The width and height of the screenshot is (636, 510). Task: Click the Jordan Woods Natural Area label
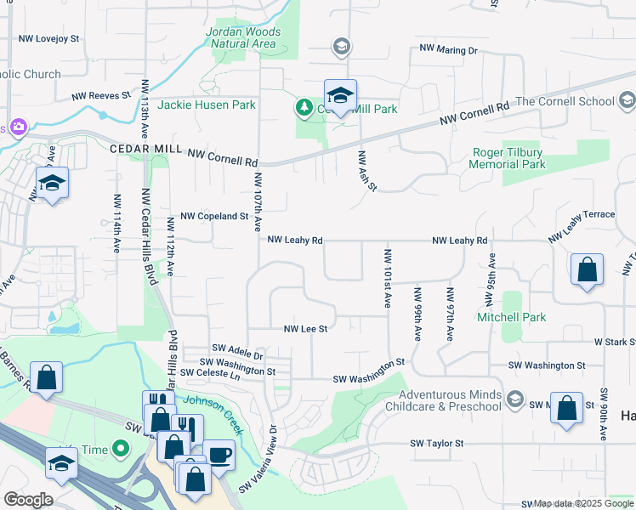[x=242, y=37]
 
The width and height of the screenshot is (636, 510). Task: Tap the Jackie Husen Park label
[x=207, y=105]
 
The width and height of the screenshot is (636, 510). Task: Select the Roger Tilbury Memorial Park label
[x=508, y=158]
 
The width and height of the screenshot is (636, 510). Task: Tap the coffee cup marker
[x=219, y=454]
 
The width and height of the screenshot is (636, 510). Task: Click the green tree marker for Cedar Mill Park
[x=303, y=108]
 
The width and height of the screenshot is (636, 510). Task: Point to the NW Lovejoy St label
[x=48, y=39]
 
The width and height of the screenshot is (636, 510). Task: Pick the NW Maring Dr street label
[x=448, y=51]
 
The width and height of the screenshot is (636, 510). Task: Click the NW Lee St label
[x=305, y=328]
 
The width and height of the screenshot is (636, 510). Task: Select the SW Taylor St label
[x=437, y=444]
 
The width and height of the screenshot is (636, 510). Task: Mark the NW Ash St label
[x=366, y=171]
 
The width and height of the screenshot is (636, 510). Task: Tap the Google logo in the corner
[x=28, y=500]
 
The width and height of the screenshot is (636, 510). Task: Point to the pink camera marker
[x=18, y=127]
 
